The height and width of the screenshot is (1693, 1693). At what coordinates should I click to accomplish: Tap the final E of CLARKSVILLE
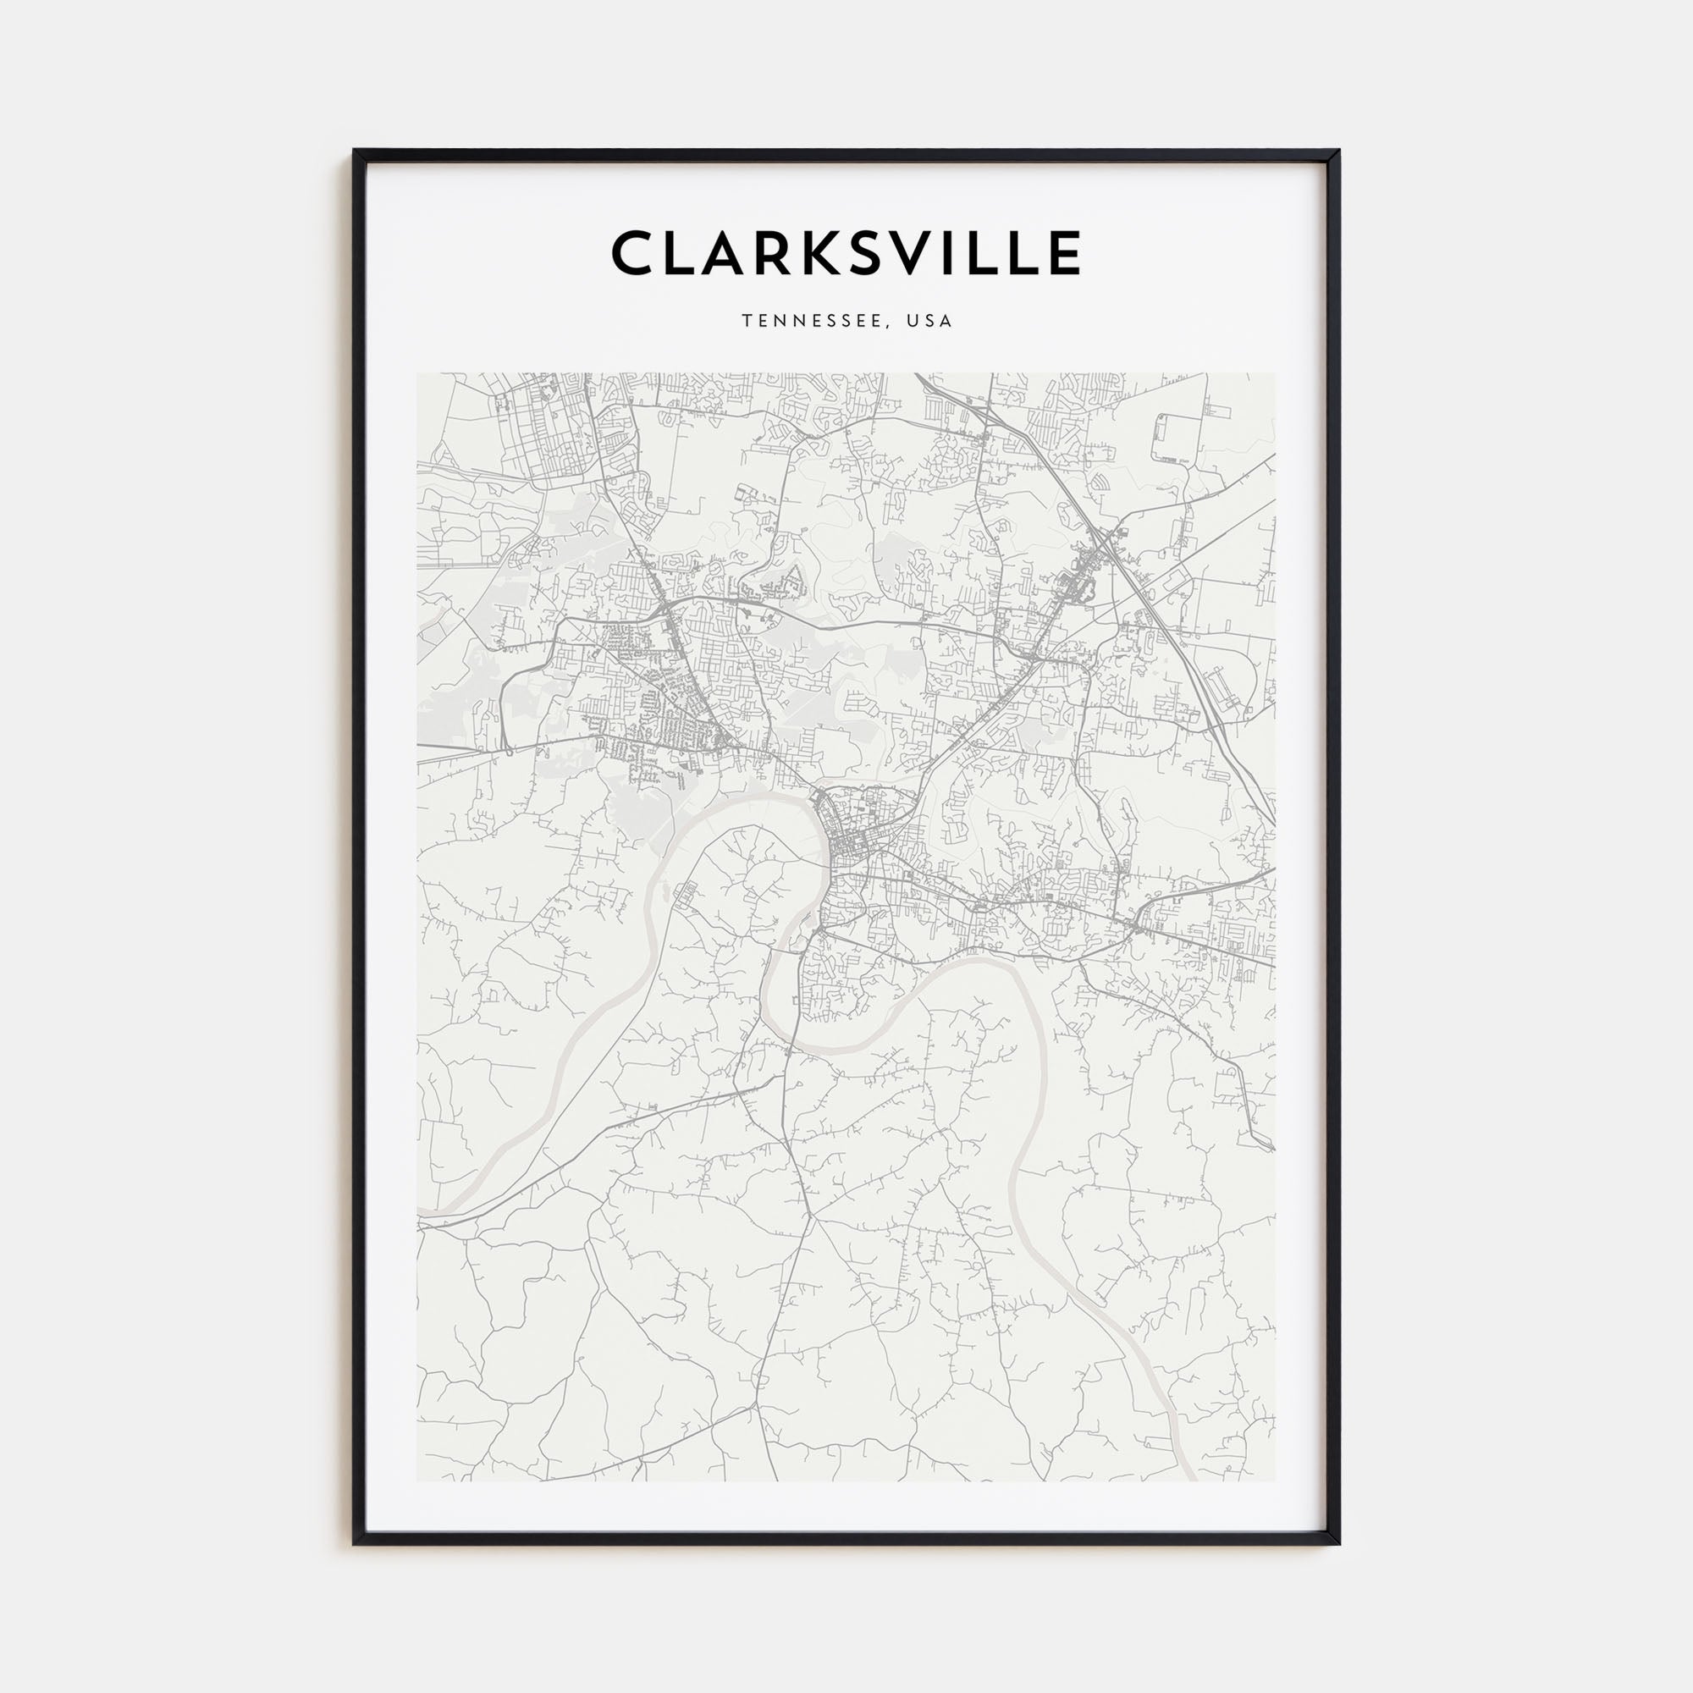tap(1062, 253)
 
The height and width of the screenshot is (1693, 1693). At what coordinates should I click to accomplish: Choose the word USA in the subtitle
tap(930, 321)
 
